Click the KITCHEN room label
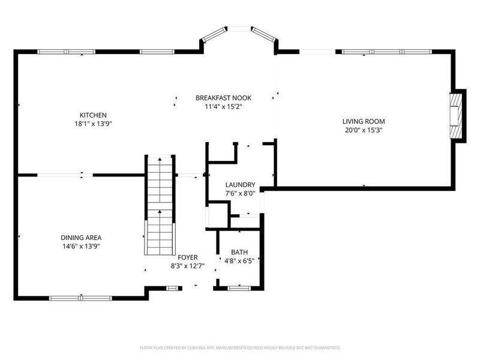click(94, 115)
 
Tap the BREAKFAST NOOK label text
click(223, 98)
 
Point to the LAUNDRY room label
click(240, 185)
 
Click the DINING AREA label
click(80, 237)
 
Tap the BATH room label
click(239, 252)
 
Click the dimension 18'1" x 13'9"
click(94, 124)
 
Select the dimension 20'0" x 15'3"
click(364, 130)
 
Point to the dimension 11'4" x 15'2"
click(223, 107)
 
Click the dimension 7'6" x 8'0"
click(240, 193)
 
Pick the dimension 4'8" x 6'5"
click(239, 260)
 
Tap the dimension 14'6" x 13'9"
click(80, 245)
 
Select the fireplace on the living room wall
click(458, 115)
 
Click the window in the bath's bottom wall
click(238, 288)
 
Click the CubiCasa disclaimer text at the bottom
click(240, 347)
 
